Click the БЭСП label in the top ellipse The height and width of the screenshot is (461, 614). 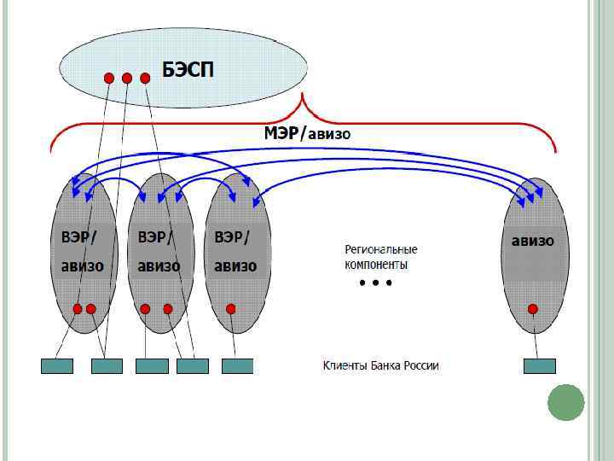(x=188, y=68)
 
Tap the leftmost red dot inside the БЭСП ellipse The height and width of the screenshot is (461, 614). (x=109, y=78)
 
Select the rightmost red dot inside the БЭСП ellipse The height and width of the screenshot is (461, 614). (x=145, y=78)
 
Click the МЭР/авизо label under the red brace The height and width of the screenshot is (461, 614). (x=306, y=133)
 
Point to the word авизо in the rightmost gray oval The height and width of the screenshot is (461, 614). (x=532, y=241)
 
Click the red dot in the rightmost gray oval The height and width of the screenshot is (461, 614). (x=533, y=308)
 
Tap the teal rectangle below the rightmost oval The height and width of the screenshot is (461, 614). (x=539, y=366)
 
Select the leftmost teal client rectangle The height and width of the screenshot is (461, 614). (x=57, y=366)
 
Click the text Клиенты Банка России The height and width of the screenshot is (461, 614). (x=380, y=366)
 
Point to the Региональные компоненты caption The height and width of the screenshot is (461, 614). (x=380, y=257)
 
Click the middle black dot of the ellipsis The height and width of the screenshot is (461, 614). (x=375, y=283)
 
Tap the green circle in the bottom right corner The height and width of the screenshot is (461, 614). (x=565, y=402)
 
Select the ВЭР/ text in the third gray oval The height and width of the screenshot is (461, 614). (x=232, y=236)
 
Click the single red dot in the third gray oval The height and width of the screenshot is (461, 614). (x=230, y=308)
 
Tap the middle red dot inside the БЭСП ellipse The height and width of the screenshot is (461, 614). (x=127, y=78)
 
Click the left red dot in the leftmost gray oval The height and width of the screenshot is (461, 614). (x=78, y=308)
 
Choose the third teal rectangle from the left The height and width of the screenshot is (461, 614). (x=152, y=366)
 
